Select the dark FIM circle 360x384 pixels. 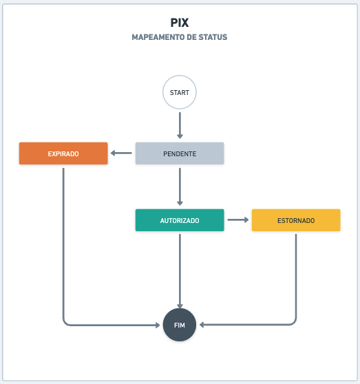(x=180, y=325)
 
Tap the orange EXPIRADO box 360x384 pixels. (x=63, y=153)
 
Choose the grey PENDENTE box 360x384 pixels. (x=180, y=153)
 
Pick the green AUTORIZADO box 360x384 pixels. (x=180, y=220)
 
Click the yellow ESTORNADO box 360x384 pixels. (x=296, y=220)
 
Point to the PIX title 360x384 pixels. (x=180, y=23)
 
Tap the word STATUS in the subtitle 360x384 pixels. (x=213, y=37)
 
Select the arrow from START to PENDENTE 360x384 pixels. (x=180, y=125)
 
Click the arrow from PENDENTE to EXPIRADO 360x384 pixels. (x=121, y=153)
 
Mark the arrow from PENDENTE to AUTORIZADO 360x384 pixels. (x=180, y=186)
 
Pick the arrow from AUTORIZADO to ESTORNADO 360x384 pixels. (x=238, y=220)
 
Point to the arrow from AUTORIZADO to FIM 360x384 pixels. (x=180, y=271)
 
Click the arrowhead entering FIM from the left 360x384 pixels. (x=158, y=326)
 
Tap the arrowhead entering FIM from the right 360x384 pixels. (x=202, y=325)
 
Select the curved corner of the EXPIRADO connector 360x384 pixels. (x=65, y=323)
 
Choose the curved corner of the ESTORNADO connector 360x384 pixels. (x=294, y=323)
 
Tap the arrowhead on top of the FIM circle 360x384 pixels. (x=180, y=306)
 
